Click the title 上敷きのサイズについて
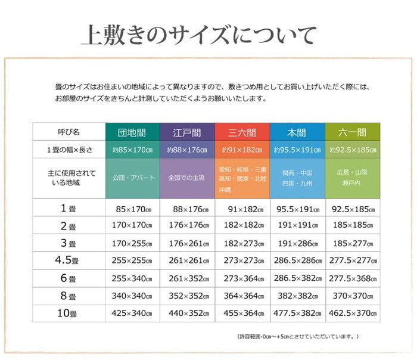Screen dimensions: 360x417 198,35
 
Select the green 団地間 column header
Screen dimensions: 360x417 132,132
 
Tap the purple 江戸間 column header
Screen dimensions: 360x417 187,132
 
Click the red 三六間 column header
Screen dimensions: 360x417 242,132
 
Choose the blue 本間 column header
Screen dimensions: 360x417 297,132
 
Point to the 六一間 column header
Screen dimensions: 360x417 353,132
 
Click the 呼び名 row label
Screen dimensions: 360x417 69,132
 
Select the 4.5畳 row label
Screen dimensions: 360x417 69,260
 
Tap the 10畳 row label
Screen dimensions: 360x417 69,314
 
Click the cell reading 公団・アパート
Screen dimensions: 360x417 132,178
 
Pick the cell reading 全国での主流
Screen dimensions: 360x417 187,178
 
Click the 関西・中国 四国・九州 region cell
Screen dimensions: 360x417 297,178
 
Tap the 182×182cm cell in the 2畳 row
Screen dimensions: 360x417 242,225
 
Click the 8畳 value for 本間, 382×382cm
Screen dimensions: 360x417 297,296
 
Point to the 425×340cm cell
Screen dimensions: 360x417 132,314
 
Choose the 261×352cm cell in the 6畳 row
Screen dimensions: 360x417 187,278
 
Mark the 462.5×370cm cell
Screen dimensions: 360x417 353,314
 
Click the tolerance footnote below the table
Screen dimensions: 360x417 298,337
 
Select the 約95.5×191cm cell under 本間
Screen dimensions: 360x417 297,150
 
